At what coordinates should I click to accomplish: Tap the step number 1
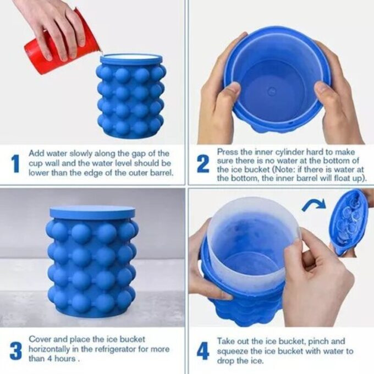click(x=15, y=163)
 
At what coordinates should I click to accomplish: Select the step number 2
click(x=203, y=163)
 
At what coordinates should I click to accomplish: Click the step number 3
click(x=15, y=350)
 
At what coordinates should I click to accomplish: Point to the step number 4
click(x=203, y=350)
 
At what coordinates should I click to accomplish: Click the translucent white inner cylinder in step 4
click(x=250, y=231)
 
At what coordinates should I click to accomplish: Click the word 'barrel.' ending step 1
click(x=158, y=173)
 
